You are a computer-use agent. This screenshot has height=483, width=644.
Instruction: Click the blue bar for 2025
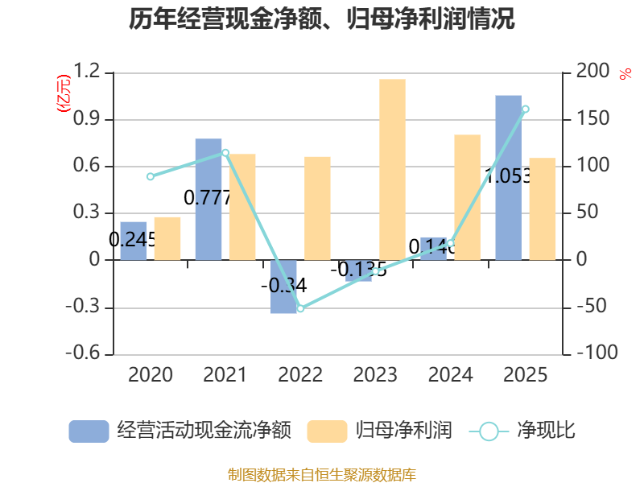(x=508, y=177)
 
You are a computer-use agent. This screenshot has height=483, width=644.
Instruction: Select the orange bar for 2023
(x=392, y=169)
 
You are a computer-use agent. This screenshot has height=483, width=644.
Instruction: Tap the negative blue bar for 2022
(x=283, y=287)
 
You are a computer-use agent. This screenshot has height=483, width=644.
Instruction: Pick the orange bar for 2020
(x=167, y=238)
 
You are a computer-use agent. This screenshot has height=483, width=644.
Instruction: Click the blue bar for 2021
(x=208, y=200)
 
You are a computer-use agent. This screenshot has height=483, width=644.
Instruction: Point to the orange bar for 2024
(x=467, y=197)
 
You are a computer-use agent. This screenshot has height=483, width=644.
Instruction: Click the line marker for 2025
(x=526, y=109)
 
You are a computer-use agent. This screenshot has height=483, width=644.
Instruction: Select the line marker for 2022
(x=300, y=308)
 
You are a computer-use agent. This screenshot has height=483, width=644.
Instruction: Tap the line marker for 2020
(x=151, y=176)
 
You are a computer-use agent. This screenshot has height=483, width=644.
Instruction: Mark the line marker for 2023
(x=376, y=271)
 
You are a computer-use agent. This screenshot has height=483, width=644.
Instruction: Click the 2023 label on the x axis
(x=375, y=375)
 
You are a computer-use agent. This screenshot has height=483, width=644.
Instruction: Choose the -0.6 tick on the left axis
(x=85, y=353)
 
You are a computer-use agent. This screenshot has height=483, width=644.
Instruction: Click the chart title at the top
(x=322, y=19)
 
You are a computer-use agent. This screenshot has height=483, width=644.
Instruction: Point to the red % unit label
(x=625, y=74)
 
